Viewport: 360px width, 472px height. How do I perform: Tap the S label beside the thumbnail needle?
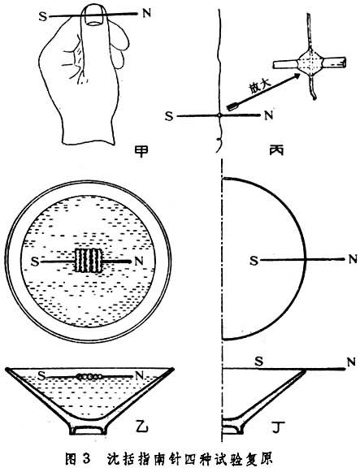[43, 16]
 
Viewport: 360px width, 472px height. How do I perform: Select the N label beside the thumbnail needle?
[146, 14]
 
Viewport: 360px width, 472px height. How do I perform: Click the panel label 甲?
[141, 149]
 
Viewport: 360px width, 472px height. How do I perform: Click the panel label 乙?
[141, 426]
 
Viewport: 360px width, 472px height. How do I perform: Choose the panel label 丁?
[279, 427]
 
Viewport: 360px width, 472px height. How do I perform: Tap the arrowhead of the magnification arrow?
[297, 76]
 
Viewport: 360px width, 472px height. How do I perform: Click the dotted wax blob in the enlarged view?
[310, 63]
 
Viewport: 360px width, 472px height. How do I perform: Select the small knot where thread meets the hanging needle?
[219, 115]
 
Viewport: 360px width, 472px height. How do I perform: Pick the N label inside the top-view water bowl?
[139, 261]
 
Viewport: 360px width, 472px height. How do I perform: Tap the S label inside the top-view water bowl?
[35, 262]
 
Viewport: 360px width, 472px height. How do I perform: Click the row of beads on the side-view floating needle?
[89, 375]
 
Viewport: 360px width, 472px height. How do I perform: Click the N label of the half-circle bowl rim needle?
[352, 259]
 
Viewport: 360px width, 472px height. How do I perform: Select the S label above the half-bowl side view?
[259, 361]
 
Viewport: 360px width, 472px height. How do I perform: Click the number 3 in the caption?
[85, 458]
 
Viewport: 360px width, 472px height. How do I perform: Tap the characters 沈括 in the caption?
[119, 458]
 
